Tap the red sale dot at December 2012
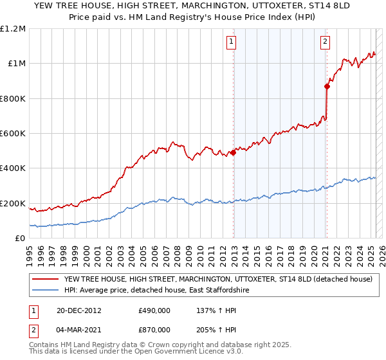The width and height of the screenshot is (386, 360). pyautogui.click(x=233, y=152)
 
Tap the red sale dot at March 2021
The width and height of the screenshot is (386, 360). pyautogui.click(x=327, y=86)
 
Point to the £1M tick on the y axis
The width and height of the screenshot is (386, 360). pyautogui.click(x=17, y=63)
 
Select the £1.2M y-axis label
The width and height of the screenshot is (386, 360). pyautogui.click(x=14, y=28)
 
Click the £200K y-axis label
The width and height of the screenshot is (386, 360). pyautogui.click(x=14, y=203)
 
